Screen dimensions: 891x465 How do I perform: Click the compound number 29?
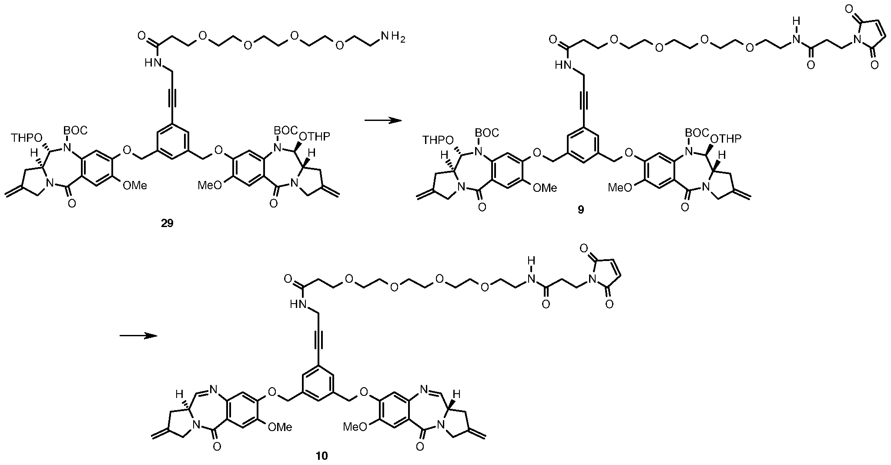tap(167, 224)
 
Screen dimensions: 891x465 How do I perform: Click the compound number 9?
tap(581, 210)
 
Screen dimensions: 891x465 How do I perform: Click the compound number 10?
tap(322, 456)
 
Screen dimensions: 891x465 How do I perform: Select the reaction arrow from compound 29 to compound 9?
tap(382, 120)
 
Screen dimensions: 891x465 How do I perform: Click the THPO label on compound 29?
tap(27, 138)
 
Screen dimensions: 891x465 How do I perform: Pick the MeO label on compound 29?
tap(210, 185)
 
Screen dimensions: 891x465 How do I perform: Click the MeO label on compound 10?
tap(356, 426)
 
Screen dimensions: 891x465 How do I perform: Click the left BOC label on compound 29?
tap(74, 130)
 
